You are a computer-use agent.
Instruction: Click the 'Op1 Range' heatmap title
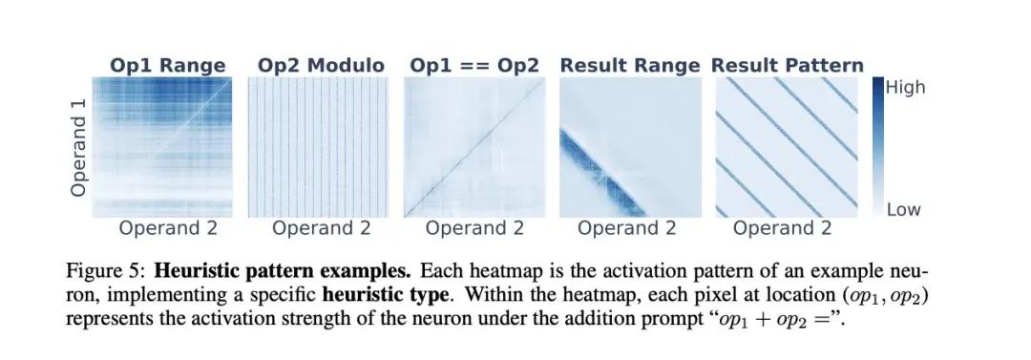(x=168, y=66)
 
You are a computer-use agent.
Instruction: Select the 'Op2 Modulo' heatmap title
(x=321, y=66)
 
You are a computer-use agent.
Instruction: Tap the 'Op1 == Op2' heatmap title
(x=474, y=66)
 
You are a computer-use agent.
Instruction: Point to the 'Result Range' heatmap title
(x=630, y=66)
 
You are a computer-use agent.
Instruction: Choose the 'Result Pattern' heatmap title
(x=788, y=66)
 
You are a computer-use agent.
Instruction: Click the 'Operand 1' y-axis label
(x=79, y=147)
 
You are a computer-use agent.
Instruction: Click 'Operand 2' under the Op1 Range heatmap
(x=168, y=228)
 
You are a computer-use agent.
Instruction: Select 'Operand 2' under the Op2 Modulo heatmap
(x=322, y=228)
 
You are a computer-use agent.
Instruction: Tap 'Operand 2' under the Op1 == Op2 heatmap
(x=474, y=228)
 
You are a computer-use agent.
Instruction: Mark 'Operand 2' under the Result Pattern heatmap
(x=783, y=228)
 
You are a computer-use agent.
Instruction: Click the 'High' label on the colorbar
(x=905, y=87)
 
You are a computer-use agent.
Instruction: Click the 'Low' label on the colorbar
(x=903, y=210)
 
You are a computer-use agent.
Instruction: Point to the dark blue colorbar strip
(x=878, y=147)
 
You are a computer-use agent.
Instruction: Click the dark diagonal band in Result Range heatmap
(x=601, y=173)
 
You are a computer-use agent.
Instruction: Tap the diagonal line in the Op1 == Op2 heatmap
(x=474, y=147)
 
